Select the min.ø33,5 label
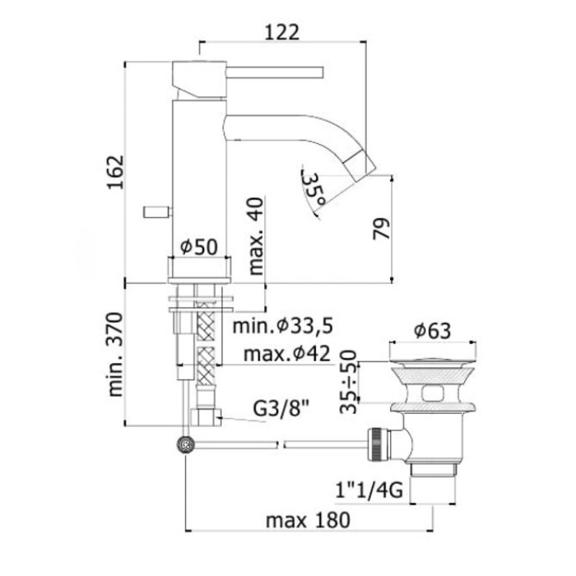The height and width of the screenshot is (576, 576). click(282, 327)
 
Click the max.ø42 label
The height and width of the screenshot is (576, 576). click(284, 354)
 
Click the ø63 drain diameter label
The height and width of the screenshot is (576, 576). click(432, 331)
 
